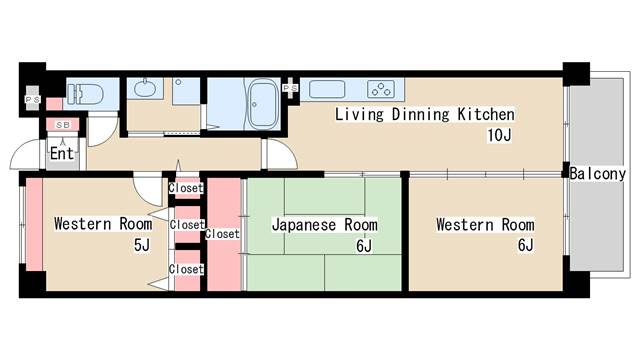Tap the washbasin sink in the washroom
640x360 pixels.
[144, 88]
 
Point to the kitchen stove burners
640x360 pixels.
[382, 88]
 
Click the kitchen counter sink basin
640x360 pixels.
[327, 88]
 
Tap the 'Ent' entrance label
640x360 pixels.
[62, 154]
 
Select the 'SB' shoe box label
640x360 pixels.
[62, 124]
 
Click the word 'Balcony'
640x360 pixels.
[598, 173]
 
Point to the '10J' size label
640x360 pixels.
[500, 135]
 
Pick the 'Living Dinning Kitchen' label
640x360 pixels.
[424, 114]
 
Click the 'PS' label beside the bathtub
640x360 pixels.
[291, 89]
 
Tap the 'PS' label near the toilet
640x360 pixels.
[31, 100]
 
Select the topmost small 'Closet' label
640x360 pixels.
[186, 188]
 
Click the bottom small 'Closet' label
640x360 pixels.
[186, 269]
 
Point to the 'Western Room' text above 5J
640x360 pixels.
[103, 223]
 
